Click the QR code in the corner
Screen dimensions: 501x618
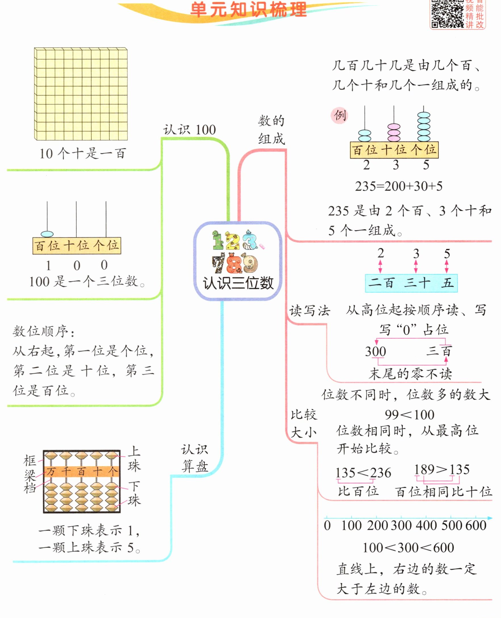tap(447, 14)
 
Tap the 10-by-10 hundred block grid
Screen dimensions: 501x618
tap(81, 94)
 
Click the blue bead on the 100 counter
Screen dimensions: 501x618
tap(47, 234)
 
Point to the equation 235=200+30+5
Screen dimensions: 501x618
tap(398, 186)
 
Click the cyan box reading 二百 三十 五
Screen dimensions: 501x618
tap(411, 283)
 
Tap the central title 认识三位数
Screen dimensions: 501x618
tap(238, 283)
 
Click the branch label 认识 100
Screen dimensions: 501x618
tap(189, 130)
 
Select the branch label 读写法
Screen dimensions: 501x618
tap(310, 311)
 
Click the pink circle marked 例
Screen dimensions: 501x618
tap(339, 116)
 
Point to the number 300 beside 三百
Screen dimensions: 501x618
tap(375, 351)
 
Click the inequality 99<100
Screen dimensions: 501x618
tap(410, 415)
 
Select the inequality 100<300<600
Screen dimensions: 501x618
tap(408, 548)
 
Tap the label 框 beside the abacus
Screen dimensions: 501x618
tap(30, 460)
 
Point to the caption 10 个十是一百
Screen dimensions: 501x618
tap(83, 153)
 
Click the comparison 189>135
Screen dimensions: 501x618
tap(442, 470)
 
